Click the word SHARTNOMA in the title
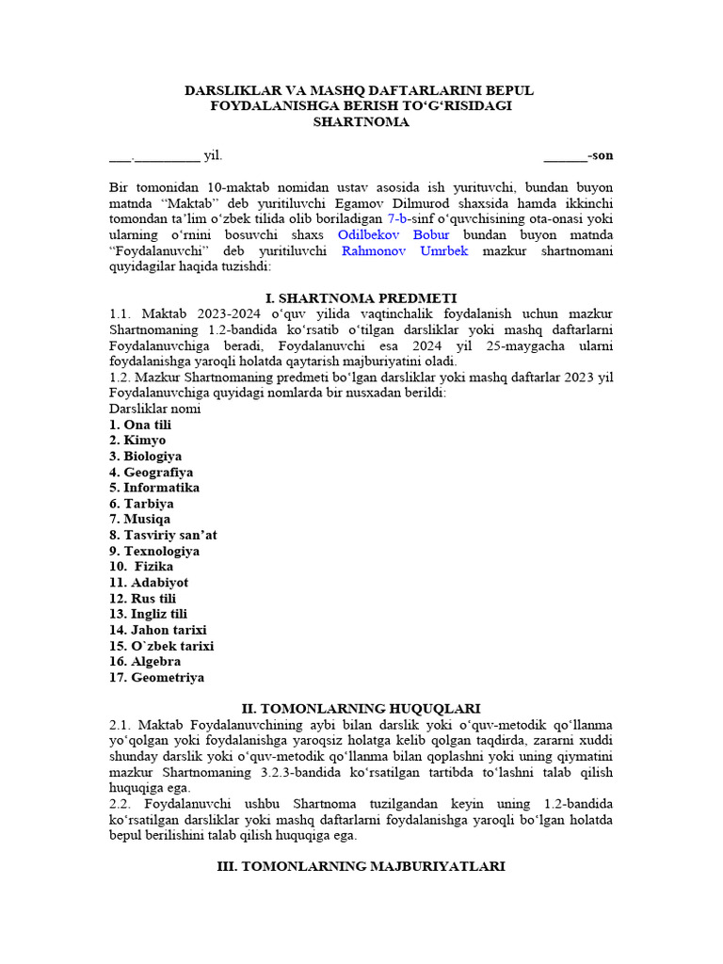[361, 122]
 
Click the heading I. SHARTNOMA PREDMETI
[361, 297]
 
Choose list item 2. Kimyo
[137, 441]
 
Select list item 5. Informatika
[154, 488]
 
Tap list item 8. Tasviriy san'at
[163, 535]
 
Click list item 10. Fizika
[142, 567]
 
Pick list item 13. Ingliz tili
[149, 614]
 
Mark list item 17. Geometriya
[156, 677]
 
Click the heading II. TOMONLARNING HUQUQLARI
[361, 708]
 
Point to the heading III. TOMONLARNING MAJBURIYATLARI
[361, 866]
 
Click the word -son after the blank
[600, 155]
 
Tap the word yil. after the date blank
[213, 155]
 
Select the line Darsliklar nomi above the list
[154, 409]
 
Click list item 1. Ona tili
[140, 425]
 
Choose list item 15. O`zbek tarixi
[162, 646]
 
